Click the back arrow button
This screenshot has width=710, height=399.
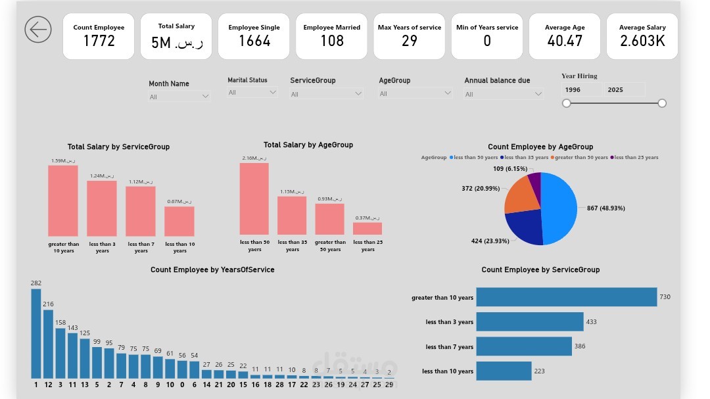point(38,30)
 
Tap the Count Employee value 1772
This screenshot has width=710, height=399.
point(99,41)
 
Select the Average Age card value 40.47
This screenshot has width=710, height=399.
point(565,41)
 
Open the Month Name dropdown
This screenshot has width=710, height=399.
point(179,97)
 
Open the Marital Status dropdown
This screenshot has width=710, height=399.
point(252,93)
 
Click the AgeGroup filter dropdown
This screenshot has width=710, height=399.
point(415,93)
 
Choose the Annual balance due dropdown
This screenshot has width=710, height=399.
point(504,94)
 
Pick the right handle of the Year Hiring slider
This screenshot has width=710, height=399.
point(662,103)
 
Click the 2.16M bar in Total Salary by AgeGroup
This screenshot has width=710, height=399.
point(254,199)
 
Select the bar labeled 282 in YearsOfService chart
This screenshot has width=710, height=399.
point(35,334)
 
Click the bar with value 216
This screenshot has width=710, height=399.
point(48,344)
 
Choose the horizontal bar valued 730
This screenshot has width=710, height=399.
point(566,297)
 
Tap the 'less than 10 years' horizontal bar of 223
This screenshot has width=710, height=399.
point(503,371)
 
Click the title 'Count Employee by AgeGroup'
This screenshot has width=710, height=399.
point(540,147)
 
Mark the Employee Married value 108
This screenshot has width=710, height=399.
point(332,41)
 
